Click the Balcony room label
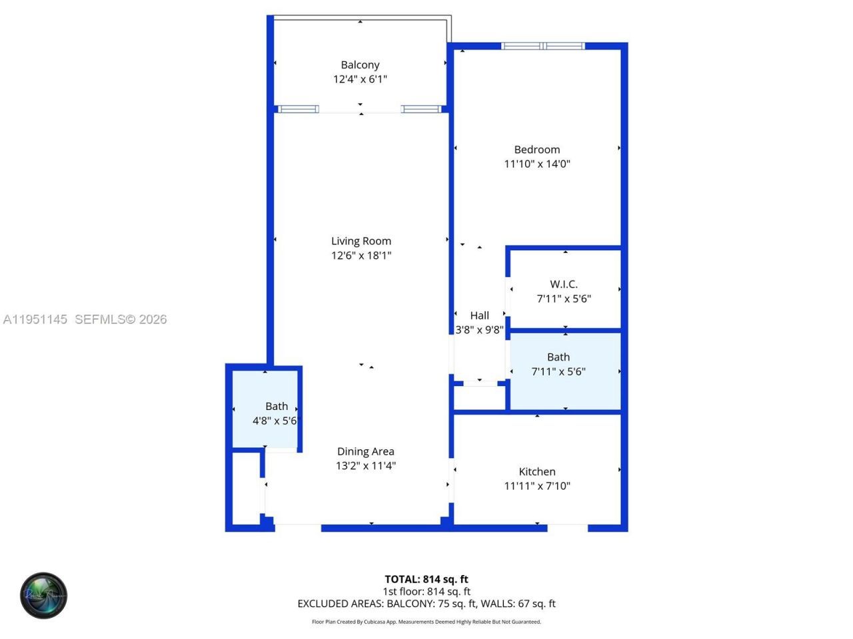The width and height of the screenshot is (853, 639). [x=360, y=65]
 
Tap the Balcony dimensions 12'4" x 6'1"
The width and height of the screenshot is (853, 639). [x=360, y=79]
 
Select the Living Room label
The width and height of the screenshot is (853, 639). [x=361, y=241]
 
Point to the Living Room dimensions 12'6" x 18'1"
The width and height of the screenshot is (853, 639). [x=361, y=256]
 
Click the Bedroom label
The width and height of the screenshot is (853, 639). [x=536, y=150]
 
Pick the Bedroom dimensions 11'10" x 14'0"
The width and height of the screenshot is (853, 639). [x=536, y=164]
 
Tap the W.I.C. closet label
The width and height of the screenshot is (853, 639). [x=564, y=284]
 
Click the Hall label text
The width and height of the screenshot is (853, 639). [x=479, y=316]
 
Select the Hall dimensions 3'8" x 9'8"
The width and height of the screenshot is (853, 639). [x=479, y=330]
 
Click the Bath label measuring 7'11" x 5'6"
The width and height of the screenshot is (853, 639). [x=558, y=357]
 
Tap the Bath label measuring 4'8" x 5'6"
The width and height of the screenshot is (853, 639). [x=277, y=406]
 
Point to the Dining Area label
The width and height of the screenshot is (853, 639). [x=365, y=451]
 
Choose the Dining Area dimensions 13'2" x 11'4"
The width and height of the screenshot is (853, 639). [x=365, y=466]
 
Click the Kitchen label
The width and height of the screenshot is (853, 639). [x=536, y=471]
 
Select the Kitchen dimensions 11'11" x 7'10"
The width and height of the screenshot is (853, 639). [x=536, y=486]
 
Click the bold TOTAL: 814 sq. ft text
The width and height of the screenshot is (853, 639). [x=426, y=579]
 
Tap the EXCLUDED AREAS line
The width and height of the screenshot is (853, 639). [x=426, y=604]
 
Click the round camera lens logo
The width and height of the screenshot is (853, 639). [x=44, y=595]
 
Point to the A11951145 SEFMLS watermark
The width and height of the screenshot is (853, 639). [x=85, y=319]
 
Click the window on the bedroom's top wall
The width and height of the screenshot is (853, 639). [x=542, y=46]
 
